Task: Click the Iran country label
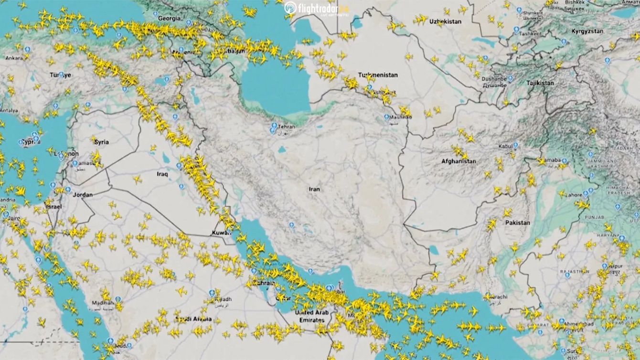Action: [x=314, y=189]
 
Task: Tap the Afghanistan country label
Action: [x=459, y=161]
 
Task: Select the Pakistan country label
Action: [x=518, y=222]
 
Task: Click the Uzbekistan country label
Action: [x=445, y=22]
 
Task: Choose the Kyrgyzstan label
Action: [x=587, y=31]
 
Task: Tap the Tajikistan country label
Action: [x=540, y=83]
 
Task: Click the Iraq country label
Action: [x=162, y=174]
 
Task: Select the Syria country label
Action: [x=101, y=142]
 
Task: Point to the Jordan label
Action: [x=83, y=195]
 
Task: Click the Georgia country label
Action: [x=170, y=18]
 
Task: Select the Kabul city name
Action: [x=505, y=146]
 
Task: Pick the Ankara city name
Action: [x=14, y=58]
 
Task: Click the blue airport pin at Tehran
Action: [x=274, y=127]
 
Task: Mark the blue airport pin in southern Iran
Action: [x=292, y=224]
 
